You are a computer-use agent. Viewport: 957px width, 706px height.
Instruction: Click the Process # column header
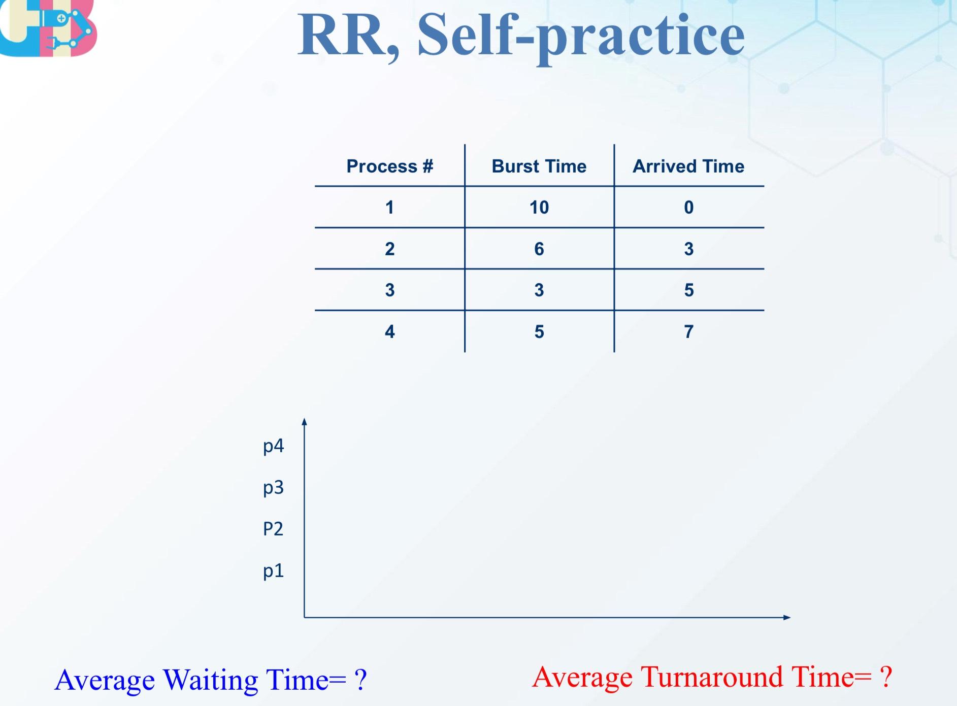tap(389, 166)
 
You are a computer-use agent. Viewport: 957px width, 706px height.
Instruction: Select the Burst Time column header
tap(539, 166)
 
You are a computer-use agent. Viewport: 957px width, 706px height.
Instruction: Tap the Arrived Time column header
tap(688, 166)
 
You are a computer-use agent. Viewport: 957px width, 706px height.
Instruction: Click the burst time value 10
tap(539, 207)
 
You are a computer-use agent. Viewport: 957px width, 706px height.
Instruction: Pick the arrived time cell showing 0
tap(688, 207)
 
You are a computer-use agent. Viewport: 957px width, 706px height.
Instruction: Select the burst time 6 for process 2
tap(539, 249)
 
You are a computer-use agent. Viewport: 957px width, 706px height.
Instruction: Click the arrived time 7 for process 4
tap(688, 331)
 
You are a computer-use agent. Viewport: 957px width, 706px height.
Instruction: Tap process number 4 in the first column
tap(389, 331)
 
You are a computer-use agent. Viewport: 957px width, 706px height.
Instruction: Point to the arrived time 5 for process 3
tap(688, 290)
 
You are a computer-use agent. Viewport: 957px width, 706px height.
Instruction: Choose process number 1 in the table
tap(389, 207)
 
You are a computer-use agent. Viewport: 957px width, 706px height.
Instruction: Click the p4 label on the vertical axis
tap(273, 446)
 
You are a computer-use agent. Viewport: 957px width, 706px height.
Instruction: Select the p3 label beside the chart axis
tap(273, 488)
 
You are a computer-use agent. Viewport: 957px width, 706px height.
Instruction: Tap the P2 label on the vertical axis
tap(273, 529)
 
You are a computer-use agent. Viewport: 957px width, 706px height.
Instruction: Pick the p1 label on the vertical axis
tap(273, 571)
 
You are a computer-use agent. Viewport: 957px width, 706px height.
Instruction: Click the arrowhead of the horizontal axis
tap(787, 617)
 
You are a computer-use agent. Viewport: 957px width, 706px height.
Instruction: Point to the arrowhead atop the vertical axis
tap(304, 421)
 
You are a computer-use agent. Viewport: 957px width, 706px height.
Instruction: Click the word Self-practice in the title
tap(581, 36)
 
